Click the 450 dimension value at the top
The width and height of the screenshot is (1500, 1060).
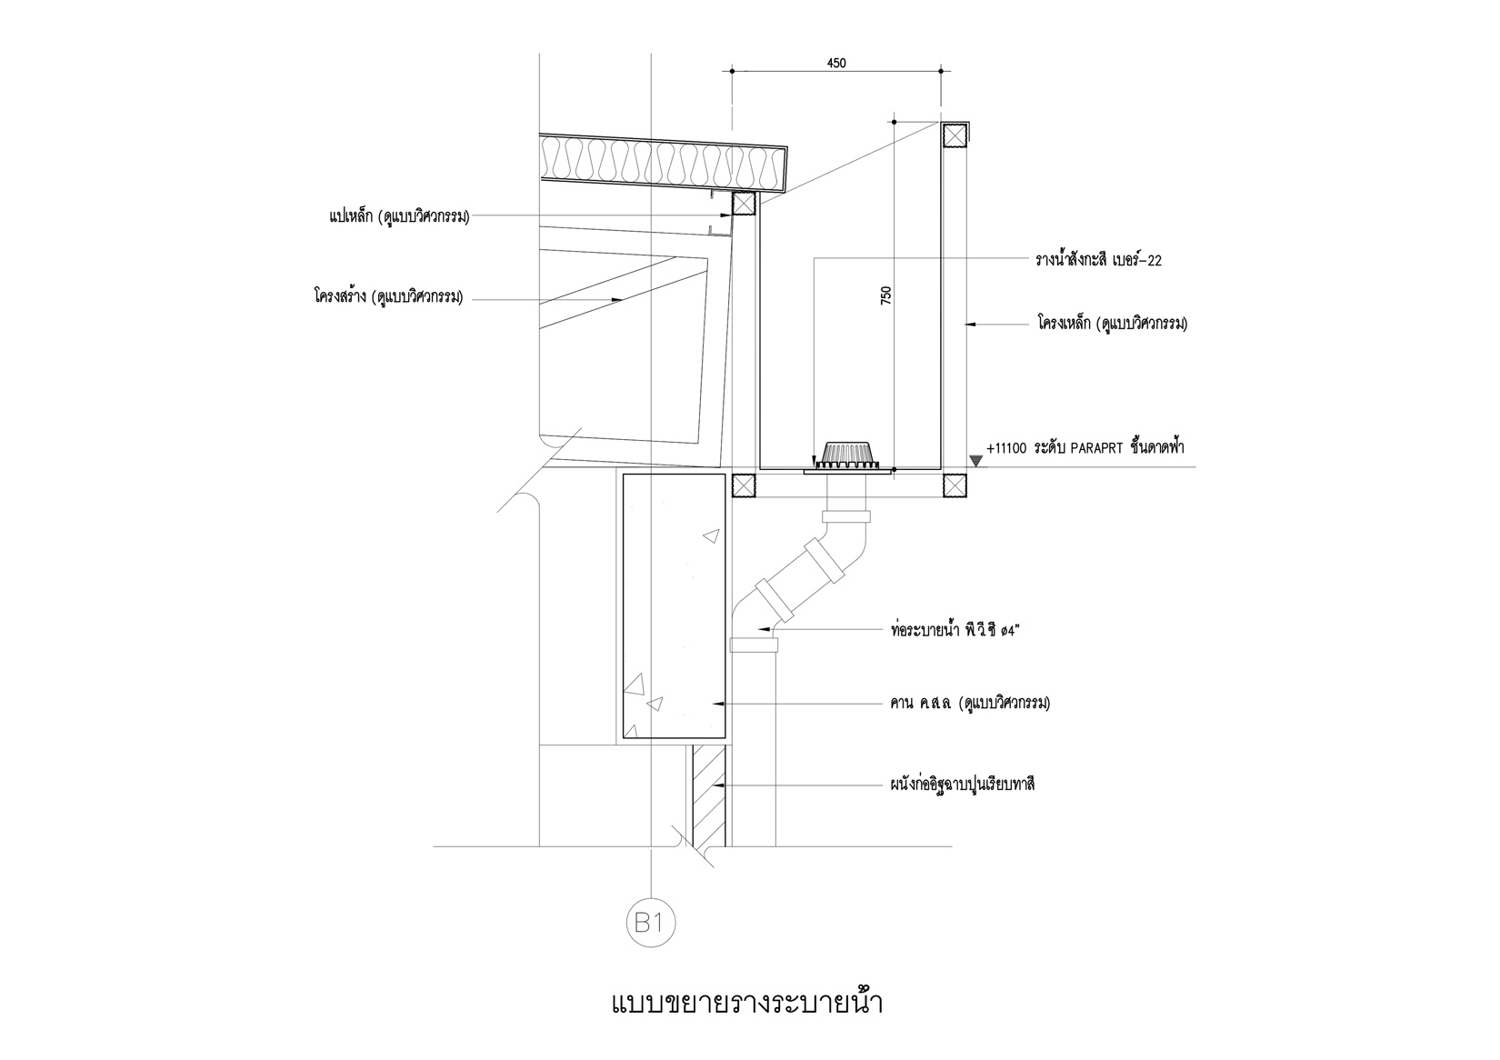click(x=836, y=63)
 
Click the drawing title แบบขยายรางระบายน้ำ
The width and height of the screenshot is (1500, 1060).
click(x=746, y=1005)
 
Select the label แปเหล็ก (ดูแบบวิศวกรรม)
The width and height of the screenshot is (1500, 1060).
click(x=399, y=216)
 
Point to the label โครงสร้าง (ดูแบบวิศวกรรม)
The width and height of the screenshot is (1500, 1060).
click(x=389, y=296)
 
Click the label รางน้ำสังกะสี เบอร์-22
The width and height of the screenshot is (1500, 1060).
click(x=1098, y=260)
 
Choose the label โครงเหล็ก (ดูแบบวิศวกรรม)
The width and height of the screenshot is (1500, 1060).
click(x=1112, y=323)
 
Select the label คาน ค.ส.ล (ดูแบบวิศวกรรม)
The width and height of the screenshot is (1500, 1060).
click(x=970, y=703)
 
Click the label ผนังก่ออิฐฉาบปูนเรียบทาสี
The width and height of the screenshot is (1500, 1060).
click(x=963, y=784)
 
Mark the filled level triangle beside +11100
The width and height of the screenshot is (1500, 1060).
click(x=975, y=461)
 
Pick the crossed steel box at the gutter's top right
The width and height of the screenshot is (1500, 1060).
click(x=954, y=135)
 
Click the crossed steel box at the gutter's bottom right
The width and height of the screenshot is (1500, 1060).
click(x=954, y=486)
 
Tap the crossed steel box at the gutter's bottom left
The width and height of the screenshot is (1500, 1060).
click(x=744, y=486)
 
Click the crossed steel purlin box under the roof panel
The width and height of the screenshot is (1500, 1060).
click(x=744, y=204)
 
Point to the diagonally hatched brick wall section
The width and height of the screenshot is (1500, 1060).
click(x=707, y=795)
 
